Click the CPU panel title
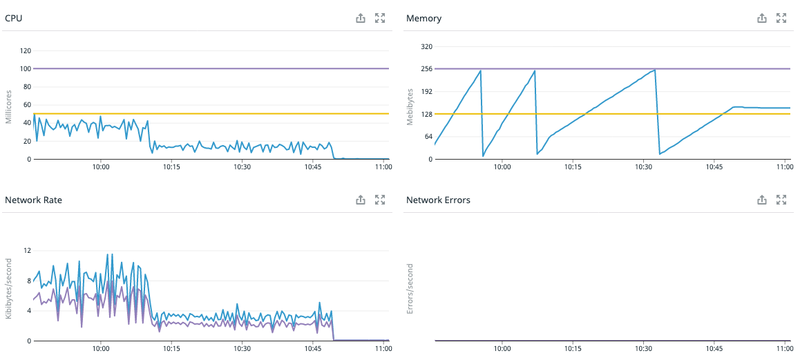pyautogui.click(x=14, y=19)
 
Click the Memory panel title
pyautogui.click(x=423, y=19)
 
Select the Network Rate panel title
pyautogui.click(x=33, y=200)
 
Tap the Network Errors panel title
pyautogui.click(x=438, y=200)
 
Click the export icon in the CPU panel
pyautogui.click(x=360, y=19)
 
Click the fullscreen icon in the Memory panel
pyautogui.click(x=781, y=19)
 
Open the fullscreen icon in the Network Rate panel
pyautogui.click(x=379, y=200)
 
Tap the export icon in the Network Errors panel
pyautogui.click(x=762, y=200)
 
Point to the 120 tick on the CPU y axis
pyautogui.click(x=26, y=51)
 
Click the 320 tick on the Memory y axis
pyautogui.click(x=426, y=47)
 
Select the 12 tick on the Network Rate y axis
pyautogui.click(x=28, y=250)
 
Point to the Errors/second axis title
pyautogui.click(x=410, y=288)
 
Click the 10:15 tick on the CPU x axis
pyautogui.click(x=171, y=167)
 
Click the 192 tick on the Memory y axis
pyautogui.click(x=426, y=92)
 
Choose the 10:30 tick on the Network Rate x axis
pyautogui.click(x=242, y=348)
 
